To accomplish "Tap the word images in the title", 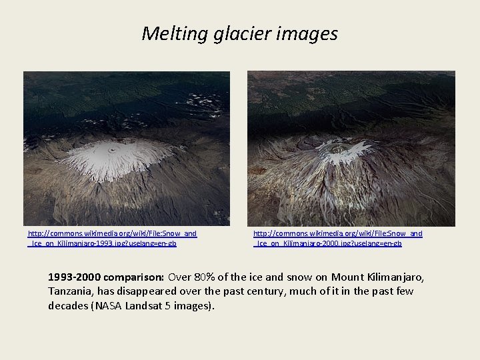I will pyautogui.click(x=312, y=33).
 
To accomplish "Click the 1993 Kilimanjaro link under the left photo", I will pyautogui.click(x=112, y=238).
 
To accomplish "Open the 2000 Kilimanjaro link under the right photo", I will pyautogui.click(x=337, y=238).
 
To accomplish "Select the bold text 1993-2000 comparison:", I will pyautogui.click(x=107, y=276).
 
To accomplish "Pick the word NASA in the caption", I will pyautogui.click(x=109, y=305).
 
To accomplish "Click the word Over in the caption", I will pyautogui.click(x=182, y=276).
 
